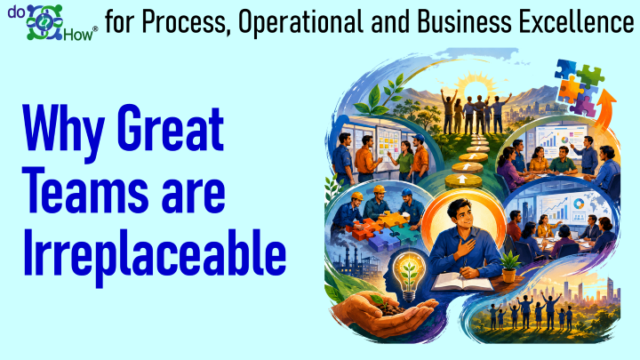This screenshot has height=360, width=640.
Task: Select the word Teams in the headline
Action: coord(85,192)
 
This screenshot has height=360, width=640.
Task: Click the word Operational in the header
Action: coord(300,22)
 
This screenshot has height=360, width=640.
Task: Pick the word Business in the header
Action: coord(464,21)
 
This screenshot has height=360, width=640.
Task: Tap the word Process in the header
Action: coord(184,22)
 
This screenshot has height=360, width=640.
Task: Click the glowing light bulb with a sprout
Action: coord(409,276)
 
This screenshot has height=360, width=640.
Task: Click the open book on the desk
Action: coord(462,283)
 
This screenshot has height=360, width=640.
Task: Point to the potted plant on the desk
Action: coord(508,267)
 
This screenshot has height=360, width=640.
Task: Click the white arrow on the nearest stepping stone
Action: coord(461,179)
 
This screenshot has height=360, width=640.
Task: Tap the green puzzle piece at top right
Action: coord(590,75)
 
